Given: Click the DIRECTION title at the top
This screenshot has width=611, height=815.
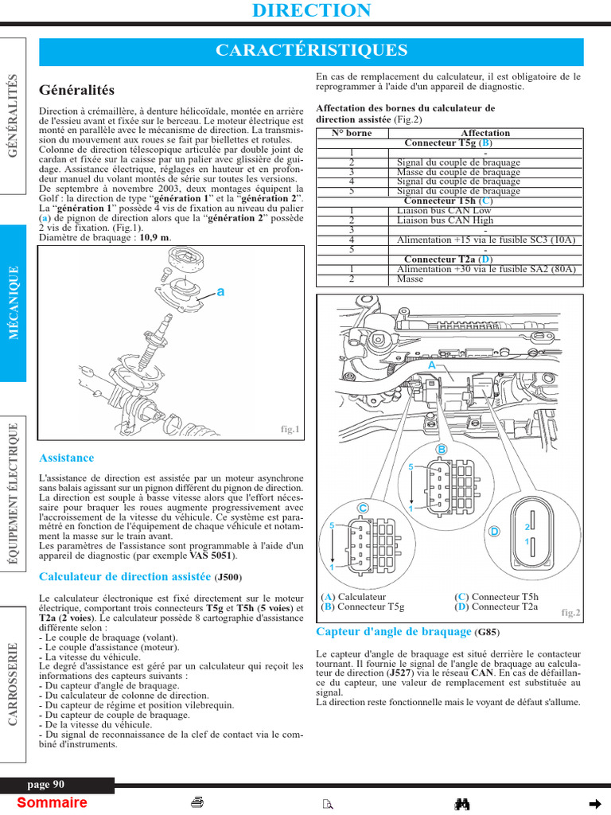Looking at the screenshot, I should pos(311,10).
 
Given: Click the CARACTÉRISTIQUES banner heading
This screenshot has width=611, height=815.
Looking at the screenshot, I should pos(311,51).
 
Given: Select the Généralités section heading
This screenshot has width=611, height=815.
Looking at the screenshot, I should pos(76,91).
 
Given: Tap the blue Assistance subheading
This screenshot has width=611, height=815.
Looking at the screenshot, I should pos(66,458).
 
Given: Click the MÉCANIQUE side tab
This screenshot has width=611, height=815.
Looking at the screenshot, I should pos(14,303).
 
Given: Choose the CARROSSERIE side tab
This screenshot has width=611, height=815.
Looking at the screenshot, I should pos(14,684).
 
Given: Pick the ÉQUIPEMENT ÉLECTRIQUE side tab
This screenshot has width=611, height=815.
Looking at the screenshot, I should pos(14,494).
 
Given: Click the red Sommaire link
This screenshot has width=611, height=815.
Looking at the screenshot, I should pos(52,802).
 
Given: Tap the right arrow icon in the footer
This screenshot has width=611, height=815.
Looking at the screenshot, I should pos(593,802).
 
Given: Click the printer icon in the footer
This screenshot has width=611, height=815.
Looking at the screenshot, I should pos(197,802).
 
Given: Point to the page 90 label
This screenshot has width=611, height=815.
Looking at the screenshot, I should pos(45,785).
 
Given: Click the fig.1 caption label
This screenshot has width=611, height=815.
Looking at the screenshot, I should pos(290,430).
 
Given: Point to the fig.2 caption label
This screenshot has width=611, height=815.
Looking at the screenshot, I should pos(570,612).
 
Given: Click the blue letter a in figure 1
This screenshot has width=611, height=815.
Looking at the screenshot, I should pos(220,292).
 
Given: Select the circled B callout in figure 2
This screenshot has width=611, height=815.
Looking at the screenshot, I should pos(442,450).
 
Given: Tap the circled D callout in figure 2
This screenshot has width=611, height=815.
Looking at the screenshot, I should pos(494,531).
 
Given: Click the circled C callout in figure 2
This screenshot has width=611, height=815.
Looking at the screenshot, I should pos(363,507).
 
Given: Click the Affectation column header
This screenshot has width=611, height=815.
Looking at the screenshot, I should pos(485,133).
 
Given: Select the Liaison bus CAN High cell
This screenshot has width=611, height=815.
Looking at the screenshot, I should pos(446,220).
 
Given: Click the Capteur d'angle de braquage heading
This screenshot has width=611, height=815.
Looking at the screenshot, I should pos(394,632).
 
